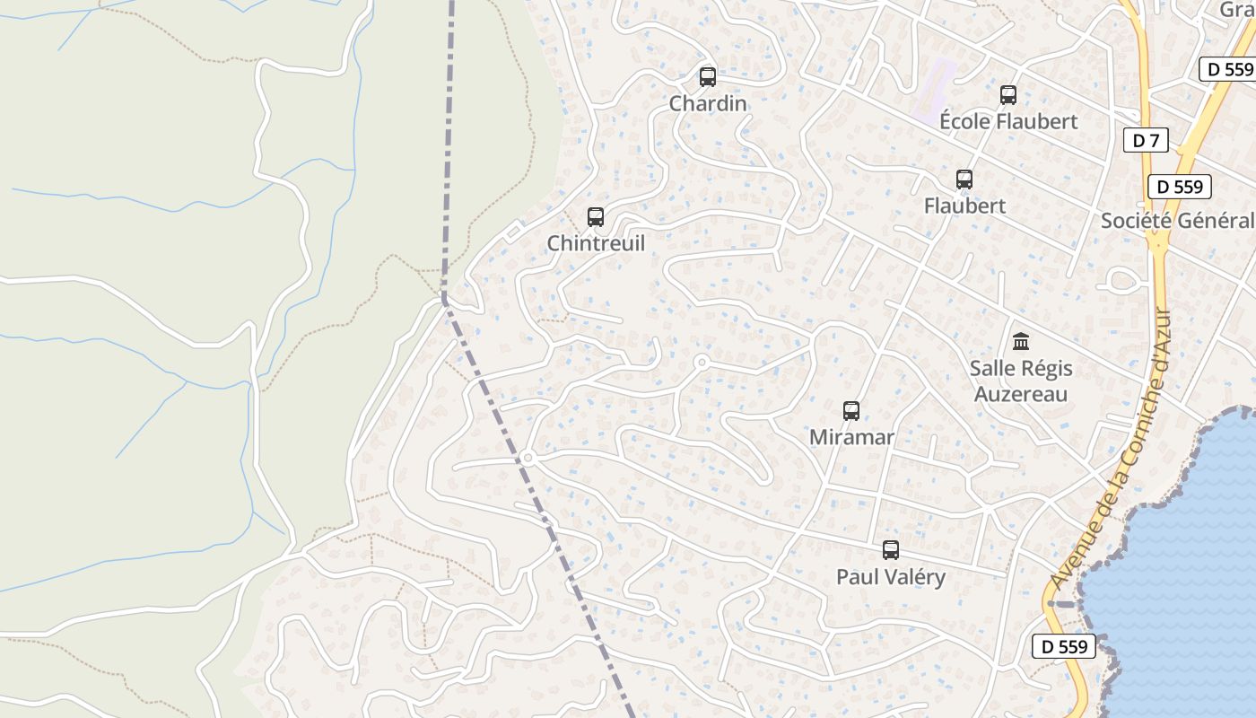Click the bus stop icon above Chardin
[x=708, y=76]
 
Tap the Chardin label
[x=708, y=103]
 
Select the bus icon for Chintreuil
[x=596, y=216]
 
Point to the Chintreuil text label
[x=596, y=243]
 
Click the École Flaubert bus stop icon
[x=1008, y=94]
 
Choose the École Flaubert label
[x=1008, y=121]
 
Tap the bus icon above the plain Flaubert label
[x=964, y=179]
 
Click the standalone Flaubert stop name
[x=964, y=206]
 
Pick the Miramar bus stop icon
[x=851, y=410]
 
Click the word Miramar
[x=851, y=437]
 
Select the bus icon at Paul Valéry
[x=891, y=549]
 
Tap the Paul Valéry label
[x=891, y=576]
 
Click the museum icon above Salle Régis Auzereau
[x=1021, y=341]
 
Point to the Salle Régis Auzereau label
[x=1021, y=381]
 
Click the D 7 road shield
[x=1146, y=139]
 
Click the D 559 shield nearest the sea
[x=1064, y=645]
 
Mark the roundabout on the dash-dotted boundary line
[x=528, y=458]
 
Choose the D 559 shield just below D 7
[x=1180, y=187]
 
